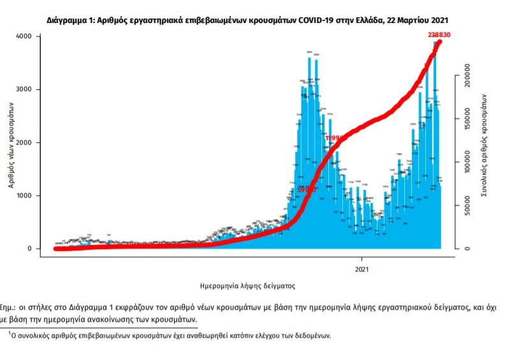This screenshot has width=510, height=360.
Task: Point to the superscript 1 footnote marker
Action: [10, 332]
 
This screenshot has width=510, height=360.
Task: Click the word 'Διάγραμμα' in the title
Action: [67, 20]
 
